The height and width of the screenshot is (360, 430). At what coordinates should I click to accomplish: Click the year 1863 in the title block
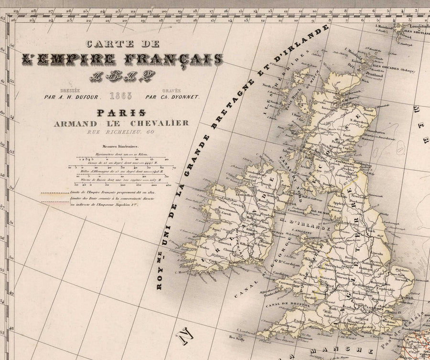coord(121,96)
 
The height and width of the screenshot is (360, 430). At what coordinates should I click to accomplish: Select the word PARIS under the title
coord(121,113)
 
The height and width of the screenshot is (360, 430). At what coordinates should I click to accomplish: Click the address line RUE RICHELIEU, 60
coord(121,132)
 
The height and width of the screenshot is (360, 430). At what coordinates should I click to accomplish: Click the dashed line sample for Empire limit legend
coord(54,193)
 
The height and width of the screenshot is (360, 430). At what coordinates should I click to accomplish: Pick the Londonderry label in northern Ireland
coord(251,174)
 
